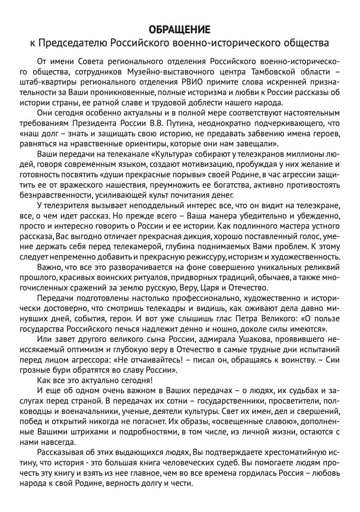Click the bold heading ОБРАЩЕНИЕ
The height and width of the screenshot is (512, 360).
point(180,29)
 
